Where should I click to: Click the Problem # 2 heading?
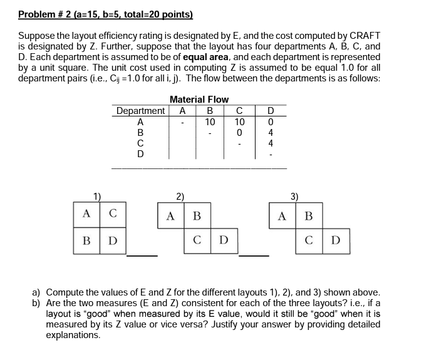(105, 14)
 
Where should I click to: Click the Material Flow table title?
(199, 100)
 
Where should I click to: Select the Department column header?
(141, 111)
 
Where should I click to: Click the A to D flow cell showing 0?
(270, 121)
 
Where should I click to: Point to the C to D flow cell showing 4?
(270, 143)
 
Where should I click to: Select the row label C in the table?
(140, 143)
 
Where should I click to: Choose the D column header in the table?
(271, 111)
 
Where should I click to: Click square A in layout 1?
(86, 213)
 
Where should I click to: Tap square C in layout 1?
(112, 213)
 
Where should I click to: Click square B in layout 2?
(197, 216)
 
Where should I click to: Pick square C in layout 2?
(197, 241)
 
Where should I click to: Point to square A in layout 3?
(282, 216)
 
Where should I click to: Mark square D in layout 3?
(336, 241)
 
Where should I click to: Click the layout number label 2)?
(180, 196)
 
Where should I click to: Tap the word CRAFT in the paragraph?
(365, 36)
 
